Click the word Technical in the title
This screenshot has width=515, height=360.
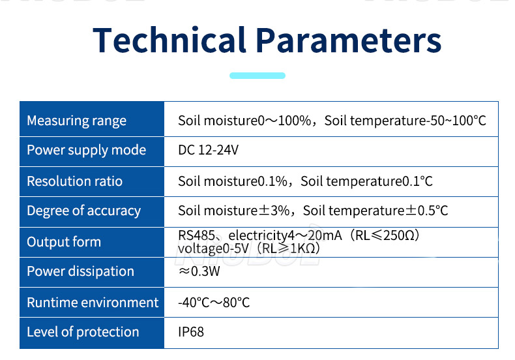point(169,40)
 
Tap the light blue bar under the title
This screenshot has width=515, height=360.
point(257,76)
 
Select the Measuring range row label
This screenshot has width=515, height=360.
point(76,121)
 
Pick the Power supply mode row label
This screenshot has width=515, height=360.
point(86,150)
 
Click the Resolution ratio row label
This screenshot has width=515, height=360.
point(74,181)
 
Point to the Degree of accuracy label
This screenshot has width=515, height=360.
point(83,211)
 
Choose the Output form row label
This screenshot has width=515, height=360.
point(64,242)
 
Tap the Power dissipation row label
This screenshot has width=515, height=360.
point(80,271)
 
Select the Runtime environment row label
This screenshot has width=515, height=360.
point(93,303)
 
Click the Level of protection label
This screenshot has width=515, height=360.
point(83,332)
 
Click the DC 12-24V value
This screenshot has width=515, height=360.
point(208,151)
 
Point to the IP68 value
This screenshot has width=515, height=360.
point(191,332)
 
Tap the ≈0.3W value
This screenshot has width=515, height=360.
point(199,272)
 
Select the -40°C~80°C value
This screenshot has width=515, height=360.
point(214,303)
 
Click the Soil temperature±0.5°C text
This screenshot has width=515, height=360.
point(375,211)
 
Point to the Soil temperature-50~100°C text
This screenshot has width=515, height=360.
point(405,121)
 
